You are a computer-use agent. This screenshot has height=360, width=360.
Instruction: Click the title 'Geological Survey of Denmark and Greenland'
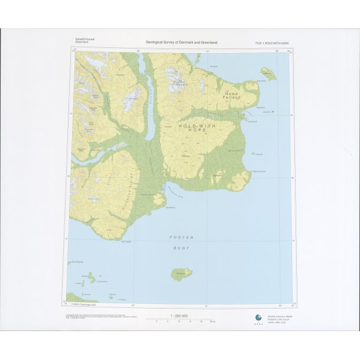click(x=182, y=42)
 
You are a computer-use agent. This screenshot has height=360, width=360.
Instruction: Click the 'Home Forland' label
click(x=232, y=96)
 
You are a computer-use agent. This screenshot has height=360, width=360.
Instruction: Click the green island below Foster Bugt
click(x=181, y=274)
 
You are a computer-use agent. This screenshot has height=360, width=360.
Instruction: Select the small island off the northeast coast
click(x=269, y=73)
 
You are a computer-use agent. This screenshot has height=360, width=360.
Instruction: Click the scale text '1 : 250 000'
click(x=178, y=316)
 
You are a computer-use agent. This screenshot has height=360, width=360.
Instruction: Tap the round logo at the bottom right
click(x=258, y=318)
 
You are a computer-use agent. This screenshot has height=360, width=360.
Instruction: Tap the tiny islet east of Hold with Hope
click(x=253, y=153)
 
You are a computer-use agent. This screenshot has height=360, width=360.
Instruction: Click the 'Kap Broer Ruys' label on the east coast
click(x=260, y=172)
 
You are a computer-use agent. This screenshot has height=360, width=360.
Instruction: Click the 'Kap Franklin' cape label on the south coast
click(x=125, y=241)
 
